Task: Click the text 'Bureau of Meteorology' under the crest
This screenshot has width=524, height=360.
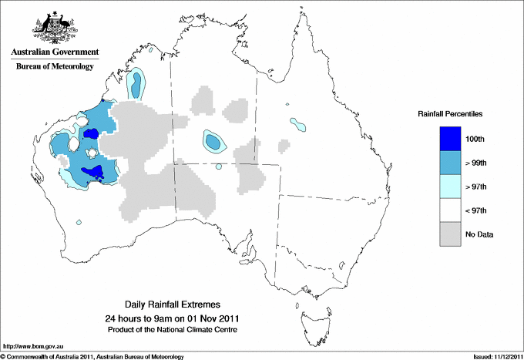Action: click(55, 66)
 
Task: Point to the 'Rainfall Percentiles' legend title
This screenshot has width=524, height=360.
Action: click(450, 114)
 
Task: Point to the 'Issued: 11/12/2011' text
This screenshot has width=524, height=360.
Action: click(494, 356)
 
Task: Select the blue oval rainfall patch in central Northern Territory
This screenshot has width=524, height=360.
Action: click(213, 141)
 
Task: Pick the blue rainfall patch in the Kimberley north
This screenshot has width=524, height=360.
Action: click(137, 84)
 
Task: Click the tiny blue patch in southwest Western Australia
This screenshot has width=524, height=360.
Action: click(80, 223)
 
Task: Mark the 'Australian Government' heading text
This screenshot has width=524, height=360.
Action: click(55, 52)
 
